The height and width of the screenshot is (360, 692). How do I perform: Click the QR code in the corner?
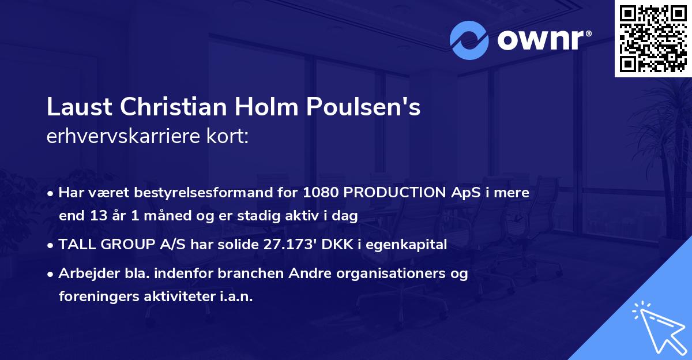pos(653,39)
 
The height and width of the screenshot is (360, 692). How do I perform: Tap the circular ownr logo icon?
pos(469,40)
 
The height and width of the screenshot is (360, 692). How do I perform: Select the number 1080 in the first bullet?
pos(321,193)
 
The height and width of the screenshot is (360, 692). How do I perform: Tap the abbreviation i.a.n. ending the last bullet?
pos(235,297)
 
